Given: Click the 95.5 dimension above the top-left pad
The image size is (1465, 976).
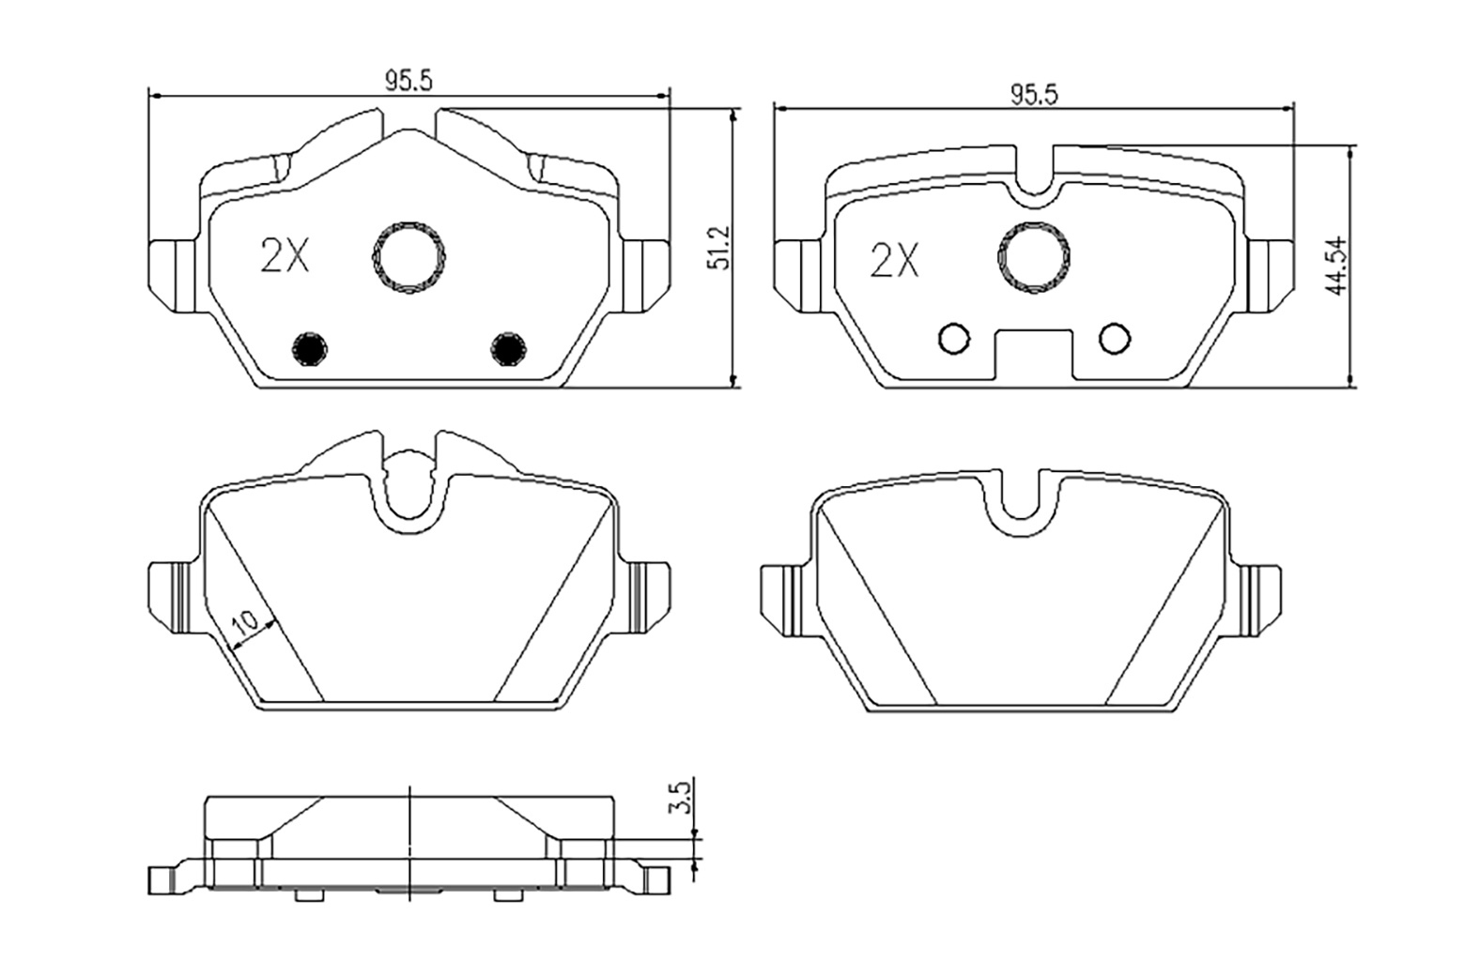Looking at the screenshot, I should [x=408, y=82].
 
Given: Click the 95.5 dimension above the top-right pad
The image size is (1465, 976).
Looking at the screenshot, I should [x=1033, y=95].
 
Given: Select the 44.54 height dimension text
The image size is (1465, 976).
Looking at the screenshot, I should [x=1337, y=267].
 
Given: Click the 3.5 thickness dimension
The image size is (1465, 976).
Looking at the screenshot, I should [x=683, y=797].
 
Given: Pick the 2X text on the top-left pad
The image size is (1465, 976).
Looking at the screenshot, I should [x=284, y=255].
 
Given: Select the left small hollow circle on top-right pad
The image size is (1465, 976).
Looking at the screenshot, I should [x=954, y=339].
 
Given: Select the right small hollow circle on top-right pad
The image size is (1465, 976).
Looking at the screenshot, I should [x=1115, y=339].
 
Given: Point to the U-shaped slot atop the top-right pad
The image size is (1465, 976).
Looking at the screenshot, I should [x=1034, y=174].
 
